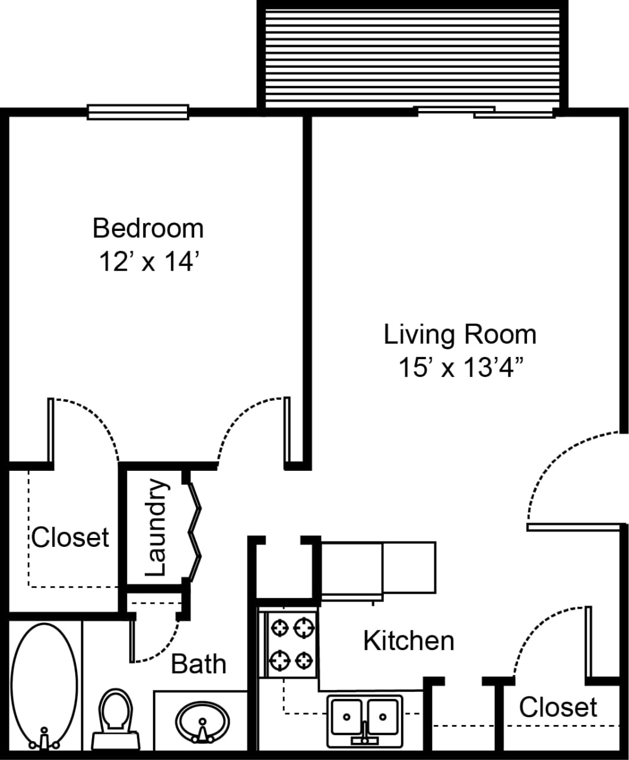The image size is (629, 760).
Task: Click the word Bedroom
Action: (x=148, y=228)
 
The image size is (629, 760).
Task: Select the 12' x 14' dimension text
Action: (x=148, y=261)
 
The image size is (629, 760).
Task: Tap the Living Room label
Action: (x=460, y=334)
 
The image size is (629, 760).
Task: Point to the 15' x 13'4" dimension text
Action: (x=460, y=368)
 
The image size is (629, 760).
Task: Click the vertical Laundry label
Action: (x=155, y=528)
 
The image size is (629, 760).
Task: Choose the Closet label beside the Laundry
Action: (x=70, y=537)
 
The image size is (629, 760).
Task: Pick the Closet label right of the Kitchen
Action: (x=558, y=707)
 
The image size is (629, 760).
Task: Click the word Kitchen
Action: (x=408, y=641)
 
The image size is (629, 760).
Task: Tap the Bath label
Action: (x=198, y=664)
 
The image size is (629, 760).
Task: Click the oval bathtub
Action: (x=44, y=683)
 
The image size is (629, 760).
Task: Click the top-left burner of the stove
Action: (x=279, y=626)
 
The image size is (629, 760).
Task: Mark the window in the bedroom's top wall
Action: (x=138, y=112)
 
